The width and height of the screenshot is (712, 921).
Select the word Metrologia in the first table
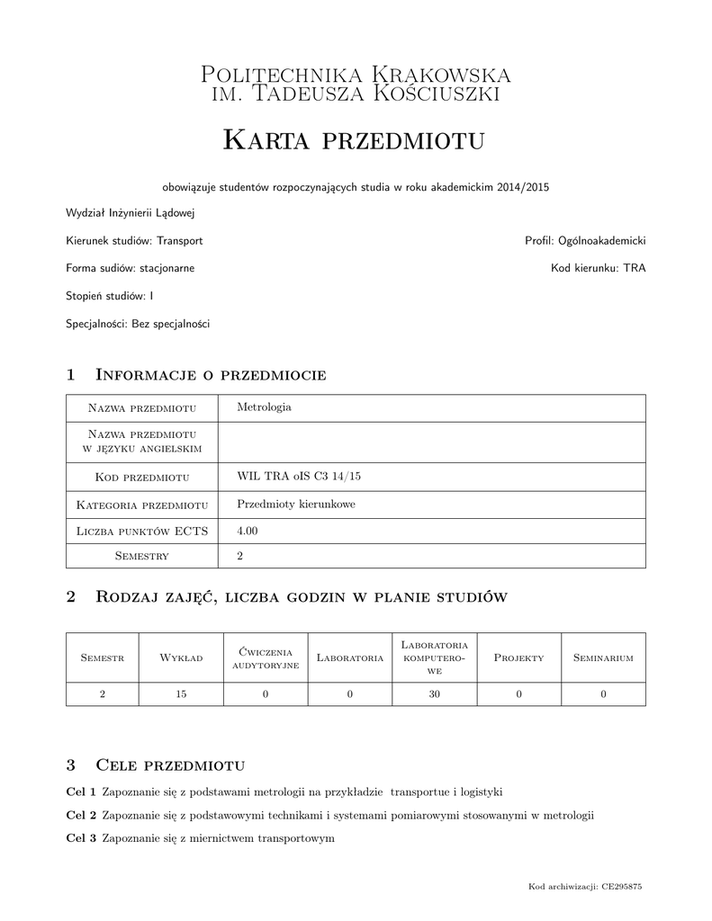pyautogui.click(x=263, y=407)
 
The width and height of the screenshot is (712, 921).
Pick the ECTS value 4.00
pyautogui.click(x=247, y=532)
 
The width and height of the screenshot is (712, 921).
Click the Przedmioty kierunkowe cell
pyautogui.click(x=295, y=505)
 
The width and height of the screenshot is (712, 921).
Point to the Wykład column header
pyautogui.click(x=181, y=658)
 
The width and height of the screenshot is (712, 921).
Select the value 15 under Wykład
pyautogui.click(x=181, y=693)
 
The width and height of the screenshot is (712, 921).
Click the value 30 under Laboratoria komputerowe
pyautogui.click(x=434, y=693)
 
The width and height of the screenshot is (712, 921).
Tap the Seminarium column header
pyautogui.click(x=603, y=658)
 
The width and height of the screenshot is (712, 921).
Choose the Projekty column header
pyautogui.click(x=518, y=658)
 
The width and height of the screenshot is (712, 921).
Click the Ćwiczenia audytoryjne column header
pyautogui.click(x=266, y=657)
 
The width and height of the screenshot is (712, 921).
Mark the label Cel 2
pyautogui.click(x=82, y=816)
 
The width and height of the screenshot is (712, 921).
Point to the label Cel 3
pyautogui.click(x=82, y=838)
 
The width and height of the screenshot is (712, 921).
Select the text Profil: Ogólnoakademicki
pyautogui.click(x=585, y=241)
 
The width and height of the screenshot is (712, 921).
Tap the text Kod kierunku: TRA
pyautogui.click(x=598, y=268)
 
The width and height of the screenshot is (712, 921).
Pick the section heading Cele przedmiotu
pyautogui.click(x=169, y=765)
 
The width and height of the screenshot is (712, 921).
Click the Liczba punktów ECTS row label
pyautogui.click(x=142, y=532)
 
